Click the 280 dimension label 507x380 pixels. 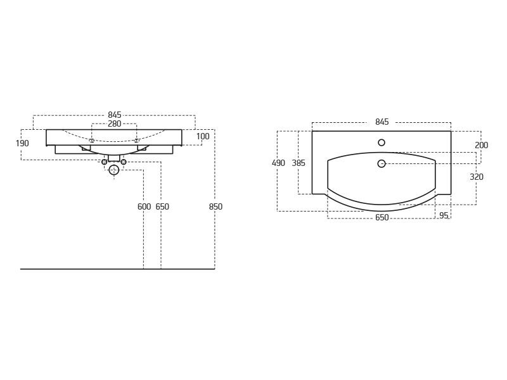coord(115,123)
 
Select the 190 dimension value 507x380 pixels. coord(22,143)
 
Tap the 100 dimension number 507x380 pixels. coord(203,136)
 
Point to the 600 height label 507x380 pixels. coord(144,206)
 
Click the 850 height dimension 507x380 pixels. coord(215,206)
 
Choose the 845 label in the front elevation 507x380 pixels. coord(115,115)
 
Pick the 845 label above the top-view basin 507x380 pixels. coord(382,122)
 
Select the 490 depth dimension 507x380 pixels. coord(278,163)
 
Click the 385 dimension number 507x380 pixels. coord(298,163)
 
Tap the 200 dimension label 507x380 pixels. coord(482,146)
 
